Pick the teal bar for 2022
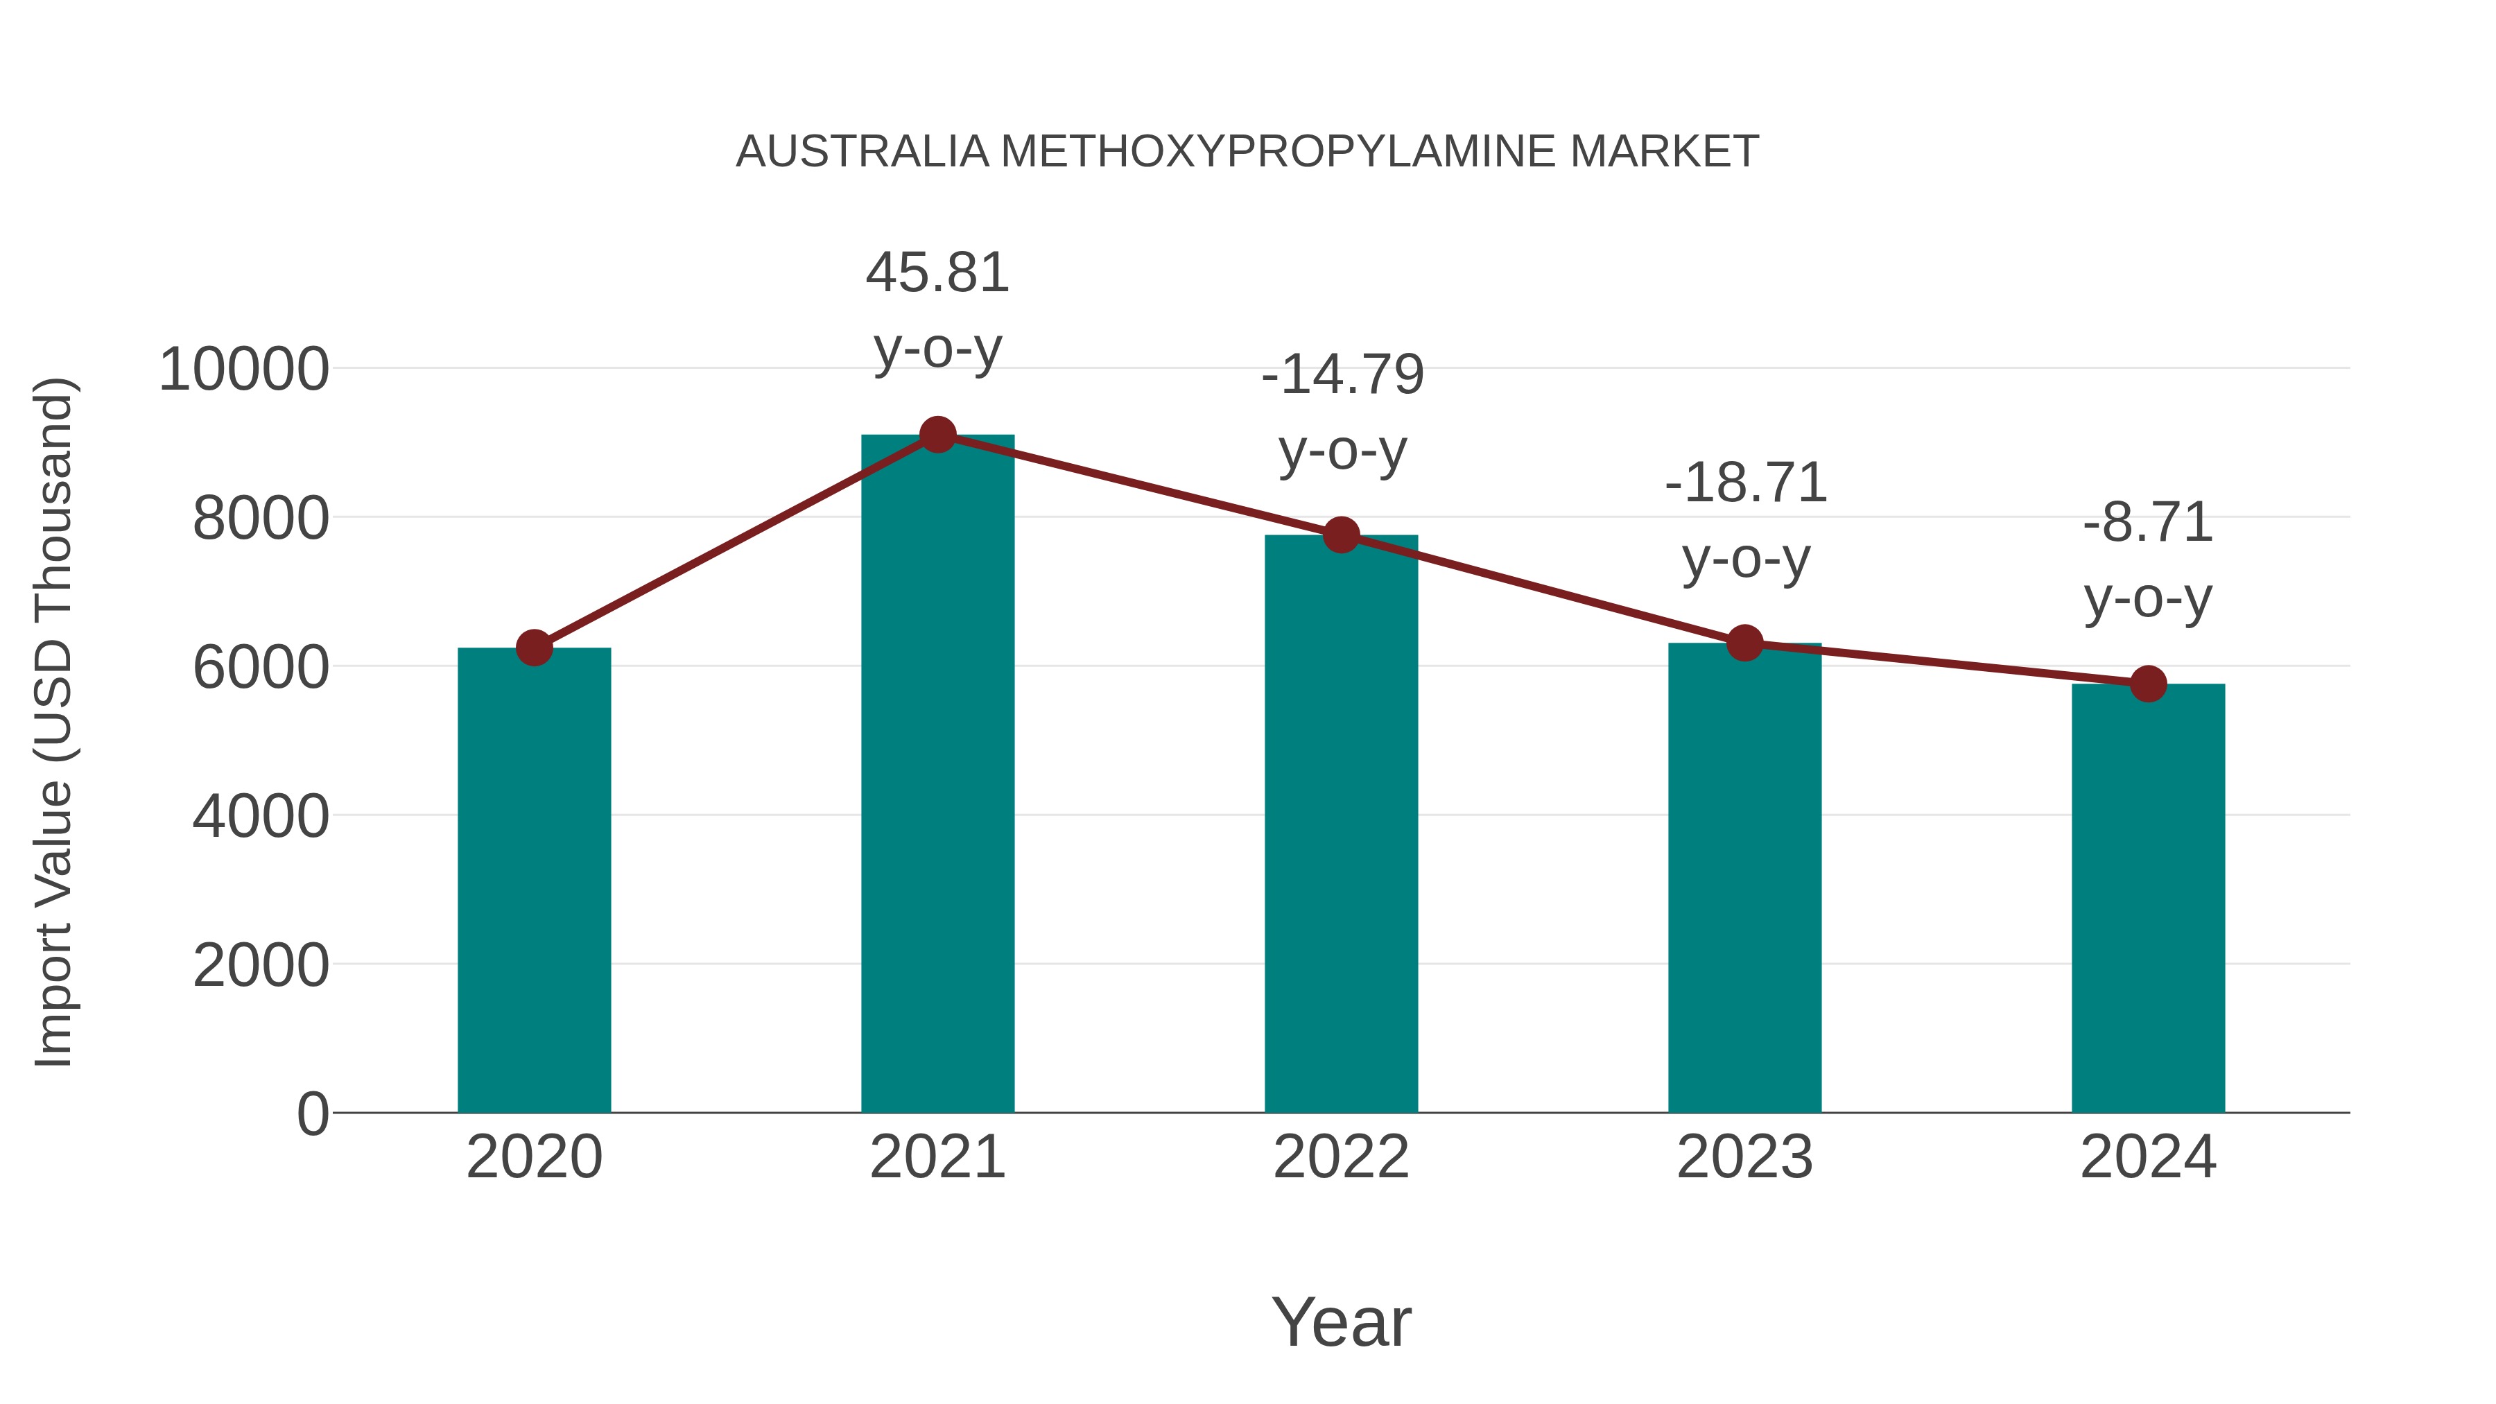point(1341,824)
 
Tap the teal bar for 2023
point(1744,878)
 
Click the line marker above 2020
point(534,648)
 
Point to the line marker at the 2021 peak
point(937,435)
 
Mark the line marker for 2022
point(1341,535)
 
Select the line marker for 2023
point(1744,643)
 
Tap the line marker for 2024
point(2148,684)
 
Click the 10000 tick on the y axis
point(244,370)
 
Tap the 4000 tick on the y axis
point(261,817)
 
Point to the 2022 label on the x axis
point(1341,1157)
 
